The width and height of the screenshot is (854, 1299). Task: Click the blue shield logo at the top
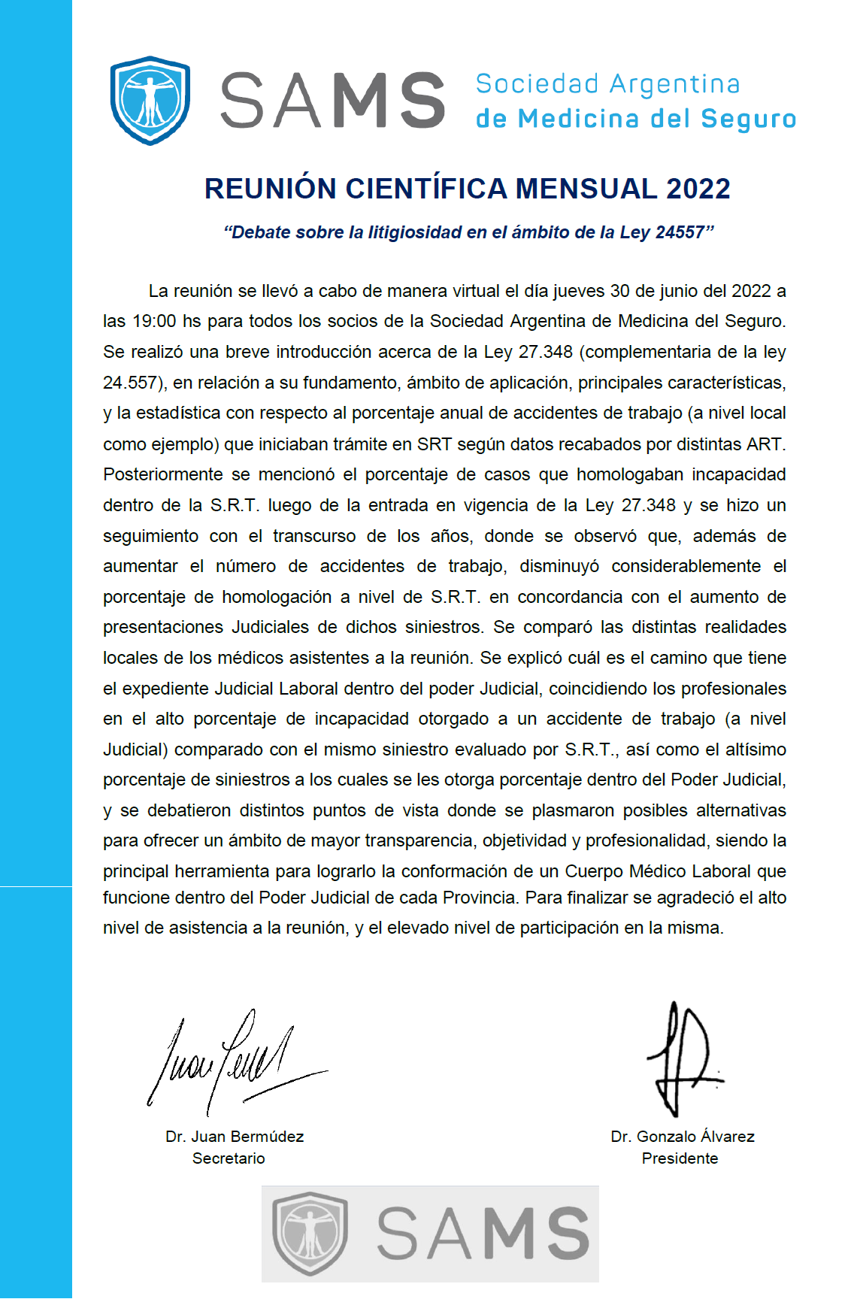150,100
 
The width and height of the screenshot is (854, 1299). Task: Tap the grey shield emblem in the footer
310,1233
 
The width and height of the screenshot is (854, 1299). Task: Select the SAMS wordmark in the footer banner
483,1234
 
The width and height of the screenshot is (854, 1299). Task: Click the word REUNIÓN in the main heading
270,189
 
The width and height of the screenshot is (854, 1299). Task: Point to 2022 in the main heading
698,189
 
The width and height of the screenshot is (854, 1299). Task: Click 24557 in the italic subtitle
680,232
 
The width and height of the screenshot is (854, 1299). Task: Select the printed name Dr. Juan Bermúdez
235,1137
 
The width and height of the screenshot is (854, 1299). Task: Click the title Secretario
229,1158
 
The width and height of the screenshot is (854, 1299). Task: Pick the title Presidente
680,1158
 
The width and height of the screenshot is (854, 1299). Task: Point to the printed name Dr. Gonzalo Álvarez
683,1137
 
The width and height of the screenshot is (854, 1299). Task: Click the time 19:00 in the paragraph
154,322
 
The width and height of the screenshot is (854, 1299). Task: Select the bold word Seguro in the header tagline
748,119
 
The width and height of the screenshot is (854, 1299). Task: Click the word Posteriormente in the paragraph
163,475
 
